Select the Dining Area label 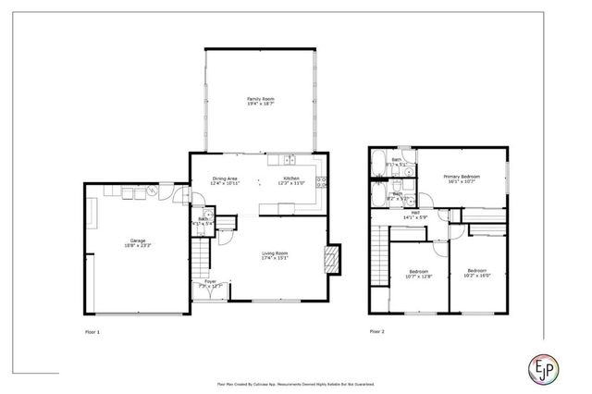227,180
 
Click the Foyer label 210,284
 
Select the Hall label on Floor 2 417,215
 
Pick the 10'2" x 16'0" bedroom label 477,272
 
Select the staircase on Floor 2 378,258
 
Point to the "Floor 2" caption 376,330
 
